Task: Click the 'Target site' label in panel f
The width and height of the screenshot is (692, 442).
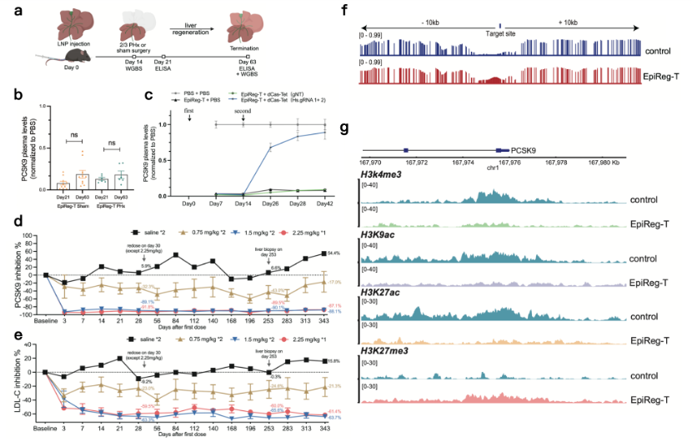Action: click(498, 33)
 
